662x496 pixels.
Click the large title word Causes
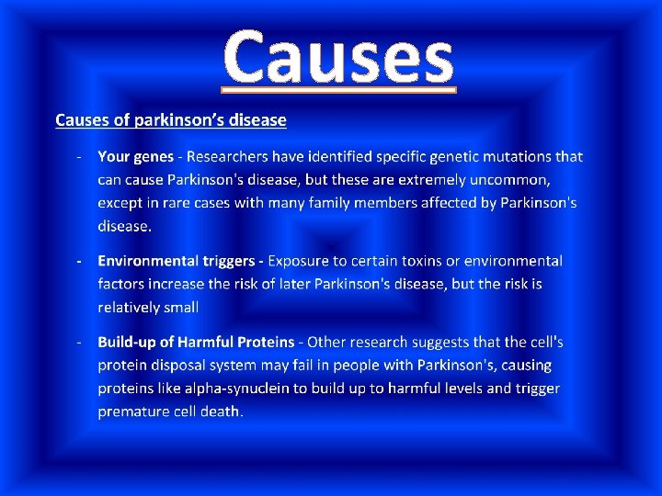[x=339, y=56]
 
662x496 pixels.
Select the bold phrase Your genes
[x=135, y=158]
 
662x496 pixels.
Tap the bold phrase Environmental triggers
[x=178, y=262]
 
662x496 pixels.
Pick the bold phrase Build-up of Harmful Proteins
[x=196, y=343]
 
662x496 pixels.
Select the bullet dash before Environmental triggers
[x=81, y=262]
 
